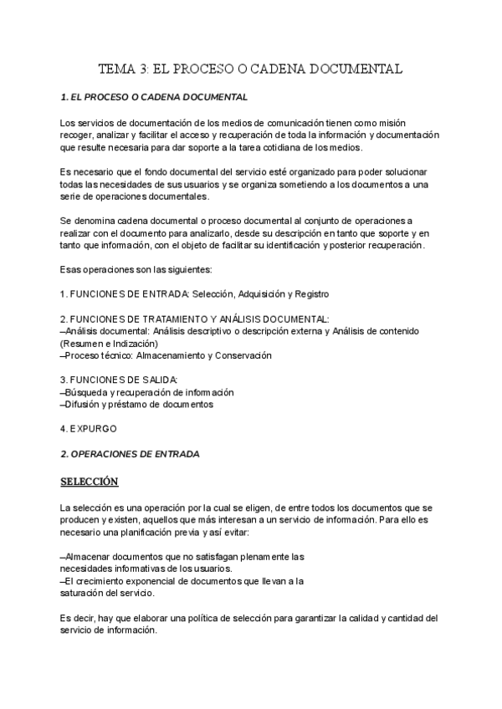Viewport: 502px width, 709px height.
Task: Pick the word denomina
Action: coord(99,221)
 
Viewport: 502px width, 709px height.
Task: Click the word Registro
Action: coord(310,294)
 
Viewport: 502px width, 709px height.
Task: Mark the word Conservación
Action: coord(243,355)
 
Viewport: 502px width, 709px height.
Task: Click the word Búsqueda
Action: coord(86,392)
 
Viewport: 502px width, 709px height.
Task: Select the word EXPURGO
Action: coord(94,429)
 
